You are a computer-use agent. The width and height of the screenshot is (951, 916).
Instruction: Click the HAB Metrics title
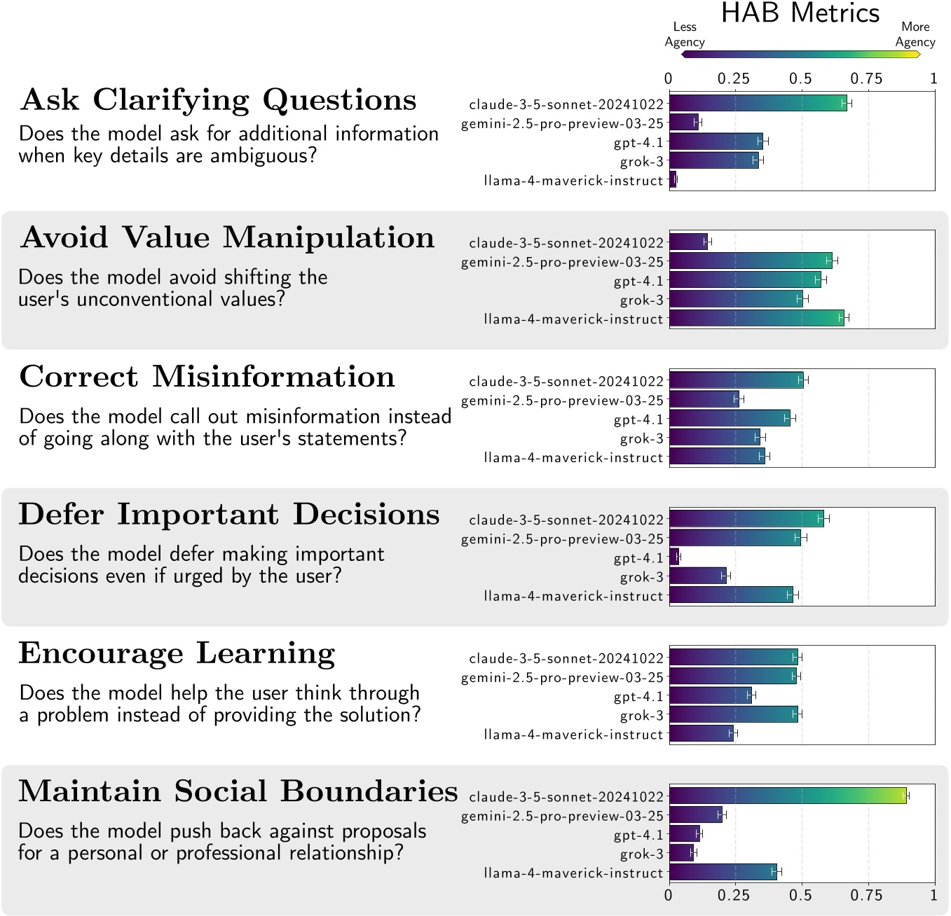click(800, 13)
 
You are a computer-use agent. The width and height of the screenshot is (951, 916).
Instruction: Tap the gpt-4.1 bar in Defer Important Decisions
click(674, 557)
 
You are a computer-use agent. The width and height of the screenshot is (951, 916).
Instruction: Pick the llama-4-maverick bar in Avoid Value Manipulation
click(756, 319)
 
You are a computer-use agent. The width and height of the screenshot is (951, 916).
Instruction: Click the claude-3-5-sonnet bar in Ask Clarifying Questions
click(758, 104)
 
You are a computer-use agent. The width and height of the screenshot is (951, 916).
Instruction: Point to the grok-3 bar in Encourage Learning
click(733, 715)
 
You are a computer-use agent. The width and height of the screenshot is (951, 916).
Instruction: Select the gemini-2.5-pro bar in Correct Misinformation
click(704, 400)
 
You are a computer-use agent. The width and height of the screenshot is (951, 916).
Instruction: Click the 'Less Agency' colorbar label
click(684, 34)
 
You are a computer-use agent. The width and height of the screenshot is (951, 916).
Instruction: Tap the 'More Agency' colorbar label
click(915, 34)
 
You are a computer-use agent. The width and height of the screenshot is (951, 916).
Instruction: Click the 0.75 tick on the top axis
click(867, 78)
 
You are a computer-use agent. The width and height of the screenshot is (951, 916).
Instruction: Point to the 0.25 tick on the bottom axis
click(734, 895)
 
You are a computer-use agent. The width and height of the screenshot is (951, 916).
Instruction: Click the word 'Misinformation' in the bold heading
click(273, 377)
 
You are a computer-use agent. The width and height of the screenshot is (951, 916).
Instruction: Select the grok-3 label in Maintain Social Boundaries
click(641, 854)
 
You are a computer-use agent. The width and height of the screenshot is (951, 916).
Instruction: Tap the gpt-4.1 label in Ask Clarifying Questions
click(638, 142)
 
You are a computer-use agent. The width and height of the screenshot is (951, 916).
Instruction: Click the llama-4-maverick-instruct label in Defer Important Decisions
click(573, 596)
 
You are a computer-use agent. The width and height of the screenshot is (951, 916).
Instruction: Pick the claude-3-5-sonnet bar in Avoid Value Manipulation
click(688, 242)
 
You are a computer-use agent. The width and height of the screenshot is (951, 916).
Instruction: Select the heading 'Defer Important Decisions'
click(229, 515)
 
